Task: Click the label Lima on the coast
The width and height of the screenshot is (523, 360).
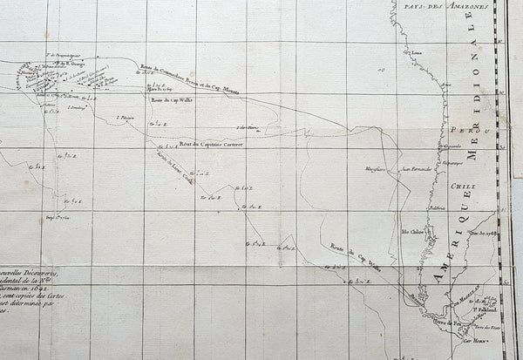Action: pos(417,51)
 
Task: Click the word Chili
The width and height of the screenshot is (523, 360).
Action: pos(459,185)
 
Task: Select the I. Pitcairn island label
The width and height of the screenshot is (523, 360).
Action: pos(129,115)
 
